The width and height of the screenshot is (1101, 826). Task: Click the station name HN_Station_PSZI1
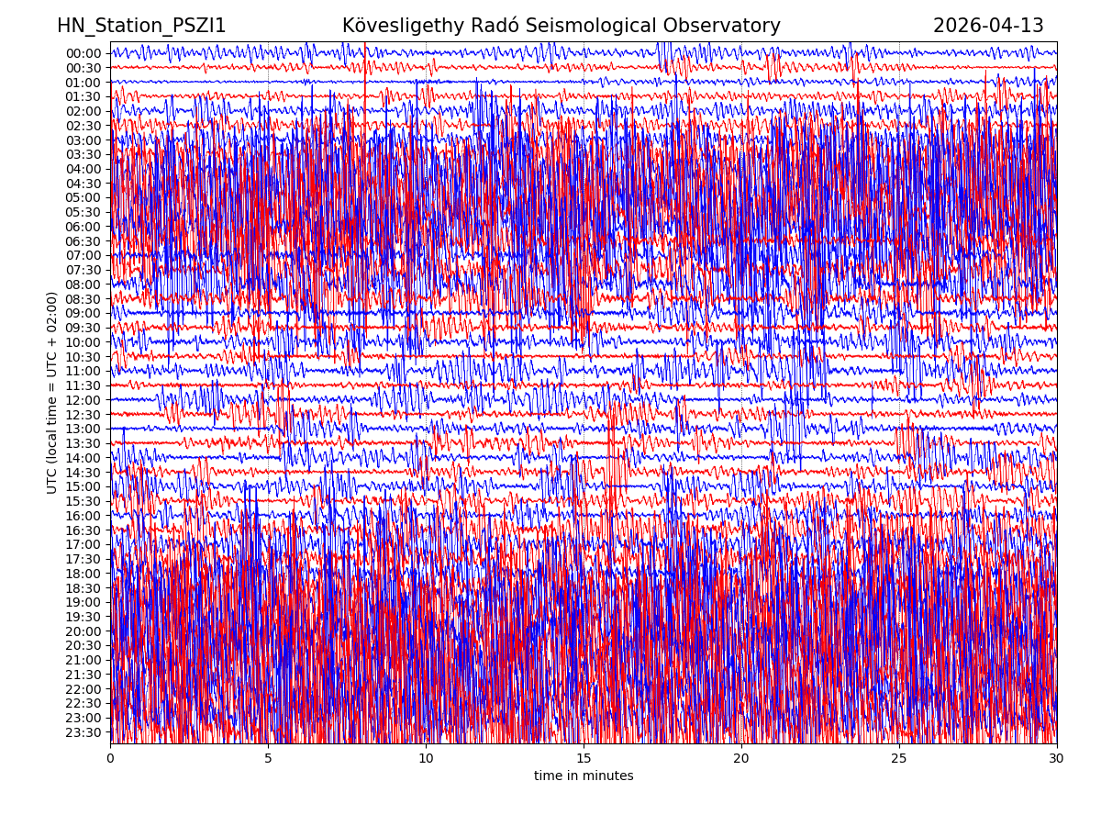tap(141, 26)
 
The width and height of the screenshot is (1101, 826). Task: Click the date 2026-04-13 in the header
tap(988, 26)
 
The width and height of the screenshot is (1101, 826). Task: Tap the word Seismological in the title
tap(595, 26)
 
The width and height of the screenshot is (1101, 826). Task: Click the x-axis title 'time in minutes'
tap(584, 776)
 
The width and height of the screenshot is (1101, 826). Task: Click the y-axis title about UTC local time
tap(52, 392)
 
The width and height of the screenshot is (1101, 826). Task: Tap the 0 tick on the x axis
tap(110, 759)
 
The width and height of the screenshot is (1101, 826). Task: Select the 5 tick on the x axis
tap(268, 759)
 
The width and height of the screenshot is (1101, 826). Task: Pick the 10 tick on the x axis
tap(426, 759)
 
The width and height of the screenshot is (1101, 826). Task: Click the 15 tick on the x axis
tap(584, 759)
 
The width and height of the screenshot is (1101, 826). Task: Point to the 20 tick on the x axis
tap(741, 759)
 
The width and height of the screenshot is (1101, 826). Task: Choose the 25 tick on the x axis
tap(899, 759)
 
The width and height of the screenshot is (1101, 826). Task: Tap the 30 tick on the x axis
tap(1057, 759)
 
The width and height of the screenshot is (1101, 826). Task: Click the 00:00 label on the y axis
tap(83, 53)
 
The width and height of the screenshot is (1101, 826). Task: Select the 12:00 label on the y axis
tap(83, 400)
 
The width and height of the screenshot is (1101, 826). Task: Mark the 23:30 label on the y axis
tap(83, 732)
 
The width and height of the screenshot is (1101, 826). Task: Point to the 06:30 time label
tap(83, 241)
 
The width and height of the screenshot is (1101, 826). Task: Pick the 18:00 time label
tap(83, 574)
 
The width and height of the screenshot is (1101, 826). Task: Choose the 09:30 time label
tap(83, 328)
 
